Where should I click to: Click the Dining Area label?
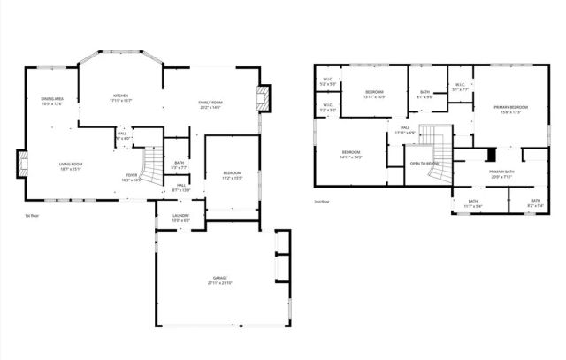click(x=52, y=100)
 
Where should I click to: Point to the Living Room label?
click(x=71, y=165)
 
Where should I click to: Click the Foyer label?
click(x=131, y=176)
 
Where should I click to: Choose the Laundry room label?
click(x=169, y=216)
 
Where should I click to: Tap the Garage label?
click(x=219, y=278)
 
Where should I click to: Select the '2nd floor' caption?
click(x=322, y=203)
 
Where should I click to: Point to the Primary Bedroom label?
click(x=508, y=108)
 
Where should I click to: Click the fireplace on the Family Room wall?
click(x=263, y=99)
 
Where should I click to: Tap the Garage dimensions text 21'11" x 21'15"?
click(x=219, y=283)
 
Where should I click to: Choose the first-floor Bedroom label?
click(x=231, y=172)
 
